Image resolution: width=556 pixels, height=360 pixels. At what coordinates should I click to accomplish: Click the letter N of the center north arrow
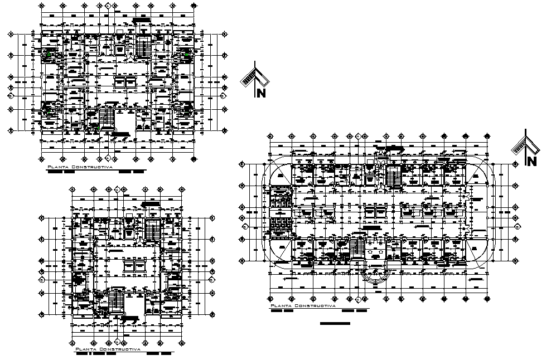pyautogui.click(x=260, y=93)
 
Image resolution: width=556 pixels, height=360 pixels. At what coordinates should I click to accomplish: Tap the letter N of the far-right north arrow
pyautogui.click(x=531, y=162)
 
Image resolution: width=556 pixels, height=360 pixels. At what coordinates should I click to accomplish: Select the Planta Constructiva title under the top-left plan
pyautogui.click(x=80, y=167)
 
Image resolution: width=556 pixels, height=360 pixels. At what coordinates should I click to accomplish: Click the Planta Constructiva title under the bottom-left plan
pyautogui.click(x=108, y=349)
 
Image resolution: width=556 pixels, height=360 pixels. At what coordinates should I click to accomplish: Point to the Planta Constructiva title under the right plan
pyautogui.click(x=302, y=306)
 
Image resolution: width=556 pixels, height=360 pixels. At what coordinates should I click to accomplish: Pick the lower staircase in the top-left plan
pyautogui.click(x=106, y=118)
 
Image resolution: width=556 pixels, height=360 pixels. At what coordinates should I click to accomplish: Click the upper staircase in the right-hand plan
pyautogui.click(x=394, y=177)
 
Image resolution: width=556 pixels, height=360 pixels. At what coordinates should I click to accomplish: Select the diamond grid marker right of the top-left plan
pyautogui.click(x=224, y=95)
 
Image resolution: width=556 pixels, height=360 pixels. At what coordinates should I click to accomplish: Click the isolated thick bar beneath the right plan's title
pyautogui.click(x=335, y=323)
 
